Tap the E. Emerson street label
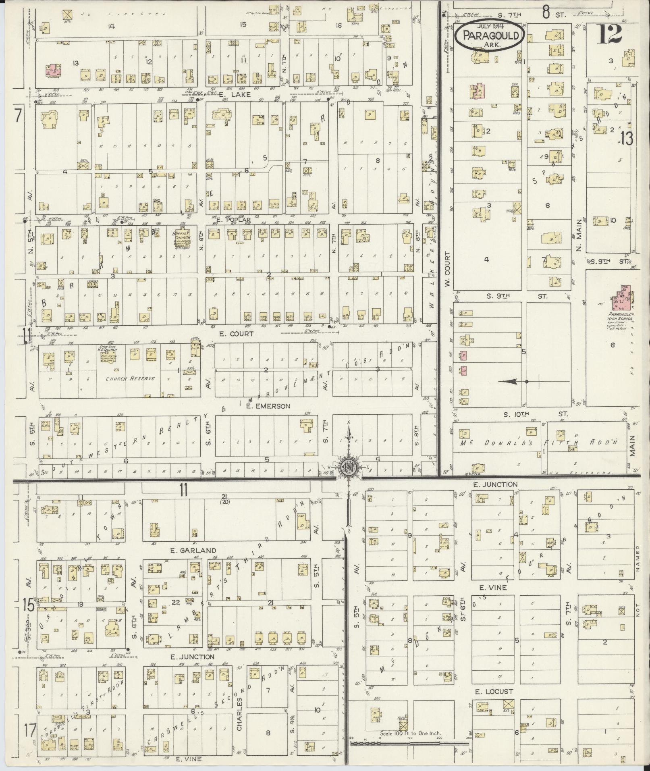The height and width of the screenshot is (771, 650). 268,406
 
